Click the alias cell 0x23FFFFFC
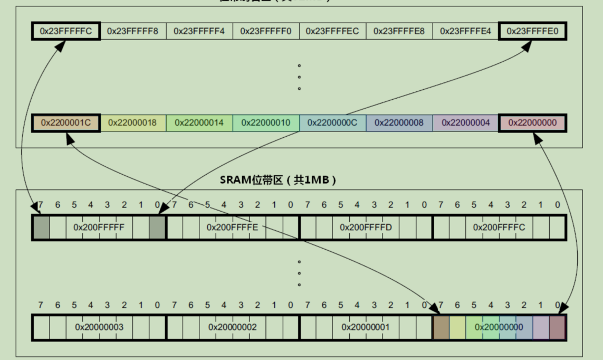pos(66,31)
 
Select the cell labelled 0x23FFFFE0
pos(532,31)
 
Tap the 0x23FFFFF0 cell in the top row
pos(266,31)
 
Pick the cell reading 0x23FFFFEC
pos(332,31)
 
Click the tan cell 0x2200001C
pos(66,122)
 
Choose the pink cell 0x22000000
pos(532,122)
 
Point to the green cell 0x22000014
pos(199,122)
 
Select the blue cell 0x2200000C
pos(332,122)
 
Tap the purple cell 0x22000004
pos(466,122)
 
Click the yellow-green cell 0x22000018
pos(132,122)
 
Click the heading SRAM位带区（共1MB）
pos(278,180)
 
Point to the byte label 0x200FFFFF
pos(99,228)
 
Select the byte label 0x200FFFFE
pos(233,228)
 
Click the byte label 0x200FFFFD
pos(366,228)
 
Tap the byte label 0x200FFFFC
pos(499,228)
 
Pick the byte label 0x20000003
pos(99,327)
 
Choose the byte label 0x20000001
pos(366,327)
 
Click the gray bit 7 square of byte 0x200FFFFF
pos(41,228)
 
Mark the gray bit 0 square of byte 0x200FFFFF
pos(157,228)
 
